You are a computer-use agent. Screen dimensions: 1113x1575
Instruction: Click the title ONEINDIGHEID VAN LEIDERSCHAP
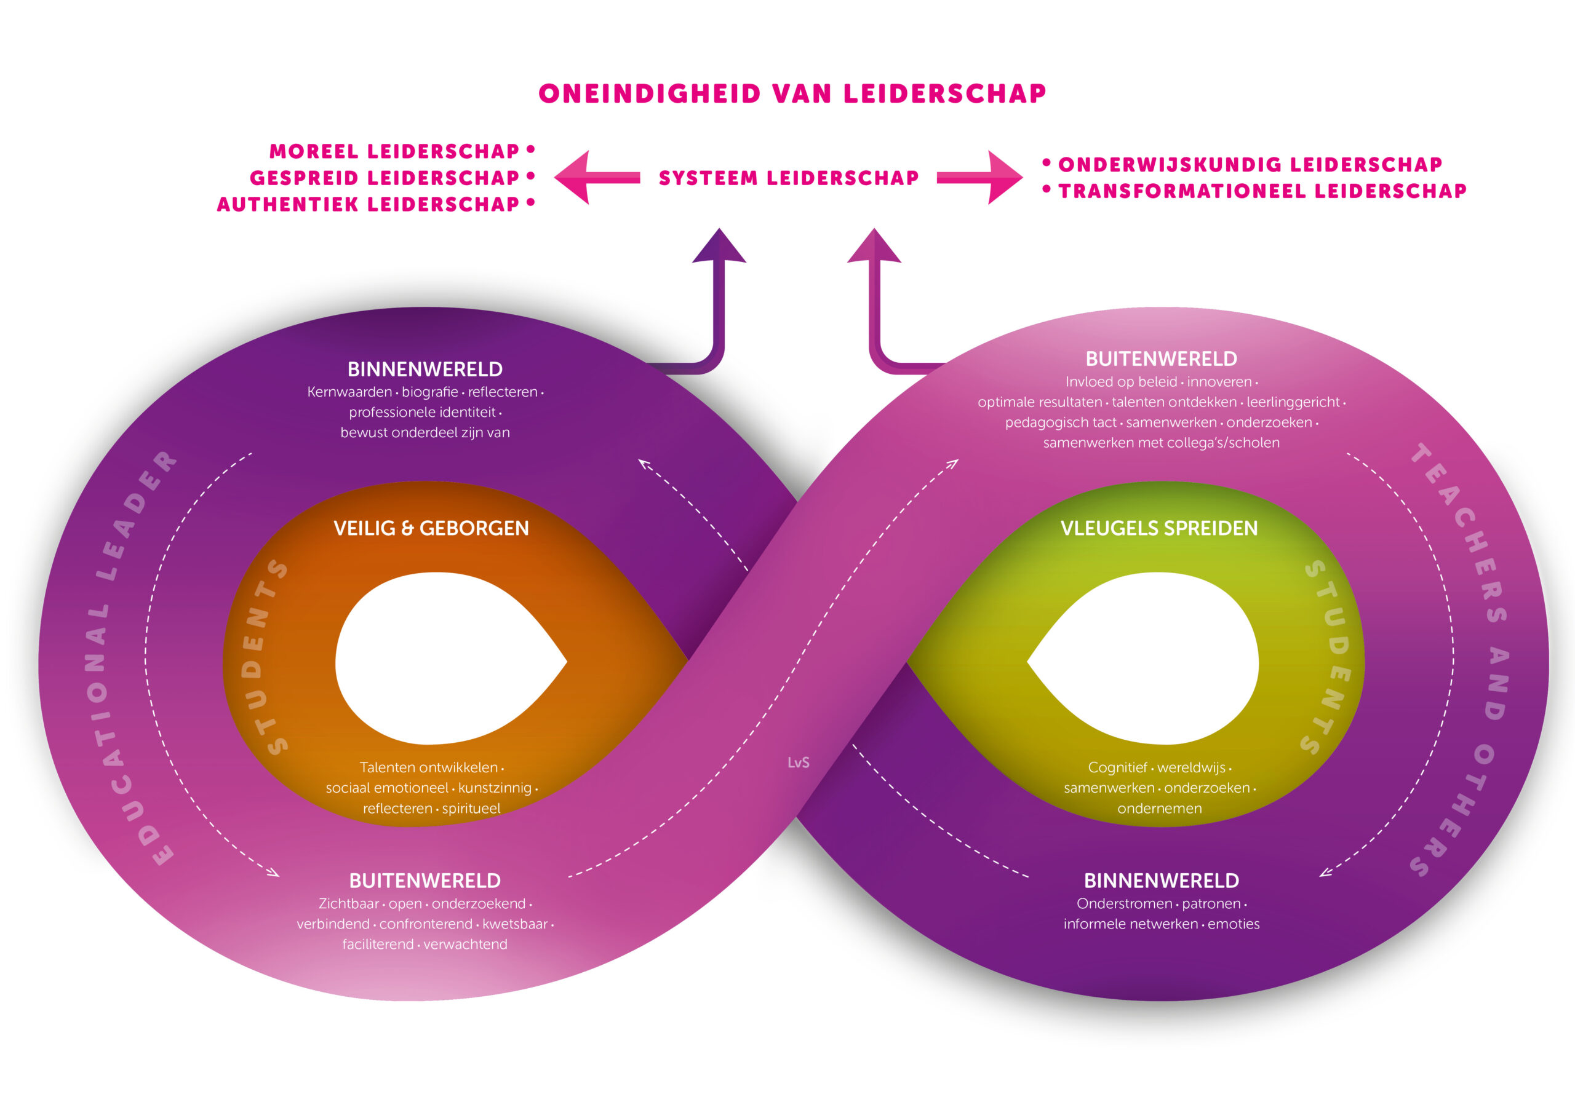coord(792,94)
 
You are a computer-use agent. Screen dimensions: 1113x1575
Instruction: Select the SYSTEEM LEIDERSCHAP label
coord(789,178)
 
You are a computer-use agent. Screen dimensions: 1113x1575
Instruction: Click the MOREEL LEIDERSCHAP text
coord(394,151)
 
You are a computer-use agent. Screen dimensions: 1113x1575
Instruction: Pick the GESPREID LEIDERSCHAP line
coord(385,178)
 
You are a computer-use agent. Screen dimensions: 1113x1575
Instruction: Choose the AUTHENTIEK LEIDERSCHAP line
coord(369,204)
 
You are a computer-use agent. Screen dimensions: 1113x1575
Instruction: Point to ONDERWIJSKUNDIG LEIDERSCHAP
coord(1250,165)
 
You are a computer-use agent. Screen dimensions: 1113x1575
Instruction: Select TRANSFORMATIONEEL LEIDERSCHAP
coord(1262,191)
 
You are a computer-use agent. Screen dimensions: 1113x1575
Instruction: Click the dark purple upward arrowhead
coord(719,248)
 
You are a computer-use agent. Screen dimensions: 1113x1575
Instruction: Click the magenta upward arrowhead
coord(874,248)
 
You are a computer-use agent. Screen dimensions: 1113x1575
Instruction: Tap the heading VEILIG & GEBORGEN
coord(431,528)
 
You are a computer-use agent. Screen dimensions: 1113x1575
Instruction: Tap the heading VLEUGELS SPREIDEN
coord(1159,528)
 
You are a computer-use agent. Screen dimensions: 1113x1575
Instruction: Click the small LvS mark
coord(799,762)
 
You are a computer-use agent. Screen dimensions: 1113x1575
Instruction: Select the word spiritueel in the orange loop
coord(471,809)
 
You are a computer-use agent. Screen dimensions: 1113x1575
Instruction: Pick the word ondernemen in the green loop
coord(1159,809)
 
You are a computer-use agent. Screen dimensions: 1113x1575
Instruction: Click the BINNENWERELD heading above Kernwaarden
coord(425,370)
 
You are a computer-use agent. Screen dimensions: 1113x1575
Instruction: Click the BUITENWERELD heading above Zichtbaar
coord(425,881)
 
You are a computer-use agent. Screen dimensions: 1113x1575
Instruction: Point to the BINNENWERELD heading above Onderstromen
coord(1162,881)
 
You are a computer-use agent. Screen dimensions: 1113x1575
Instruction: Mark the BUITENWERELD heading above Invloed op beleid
coord(1162,358)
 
